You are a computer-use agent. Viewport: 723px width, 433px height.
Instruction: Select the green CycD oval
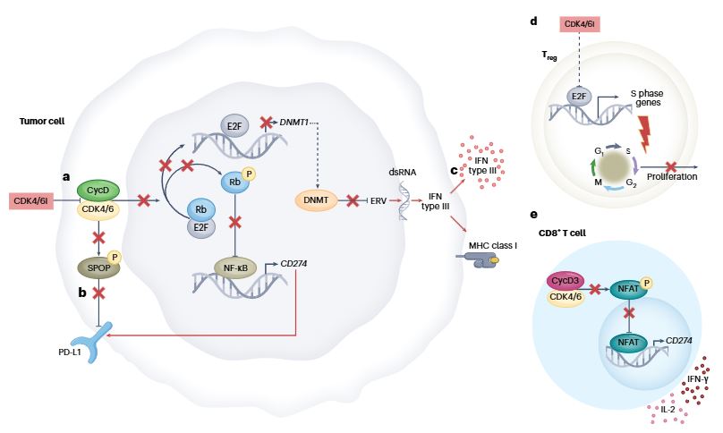[104, 189]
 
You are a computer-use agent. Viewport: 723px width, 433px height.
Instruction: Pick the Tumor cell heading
[41, 121]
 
